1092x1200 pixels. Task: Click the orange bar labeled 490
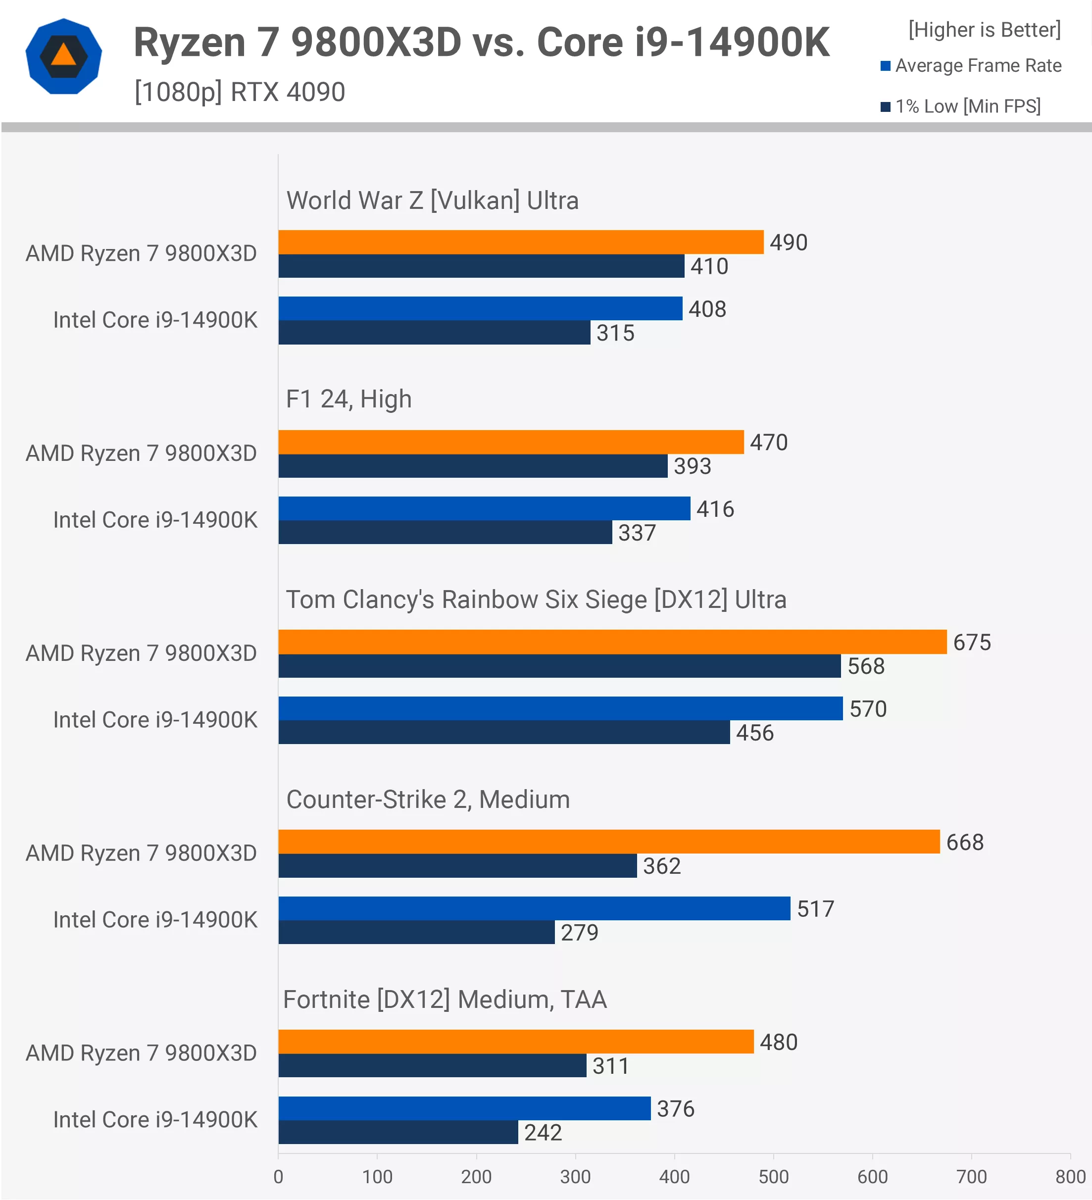521,242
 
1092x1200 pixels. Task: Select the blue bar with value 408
480,308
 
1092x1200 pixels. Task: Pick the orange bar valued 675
612,642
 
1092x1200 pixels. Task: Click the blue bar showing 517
534,908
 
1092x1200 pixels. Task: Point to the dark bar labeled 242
398,1132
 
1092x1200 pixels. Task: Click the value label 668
965,842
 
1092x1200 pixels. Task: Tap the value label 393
692,466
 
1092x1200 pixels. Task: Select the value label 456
754,733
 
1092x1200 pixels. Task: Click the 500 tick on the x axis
773,1177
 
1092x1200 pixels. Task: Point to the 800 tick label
1070,1177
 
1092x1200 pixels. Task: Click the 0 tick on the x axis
278,1177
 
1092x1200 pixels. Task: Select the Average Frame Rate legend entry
971,65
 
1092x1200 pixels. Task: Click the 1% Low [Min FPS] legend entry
961,106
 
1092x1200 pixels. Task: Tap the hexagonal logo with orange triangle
64,56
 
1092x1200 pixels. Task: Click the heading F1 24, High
348,400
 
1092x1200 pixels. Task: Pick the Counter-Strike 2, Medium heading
428,800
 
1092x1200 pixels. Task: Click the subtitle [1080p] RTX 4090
240,92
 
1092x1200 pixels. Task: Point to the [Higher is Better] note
984,30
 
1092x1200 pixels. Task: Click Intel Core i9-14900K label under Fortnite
155,1120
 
